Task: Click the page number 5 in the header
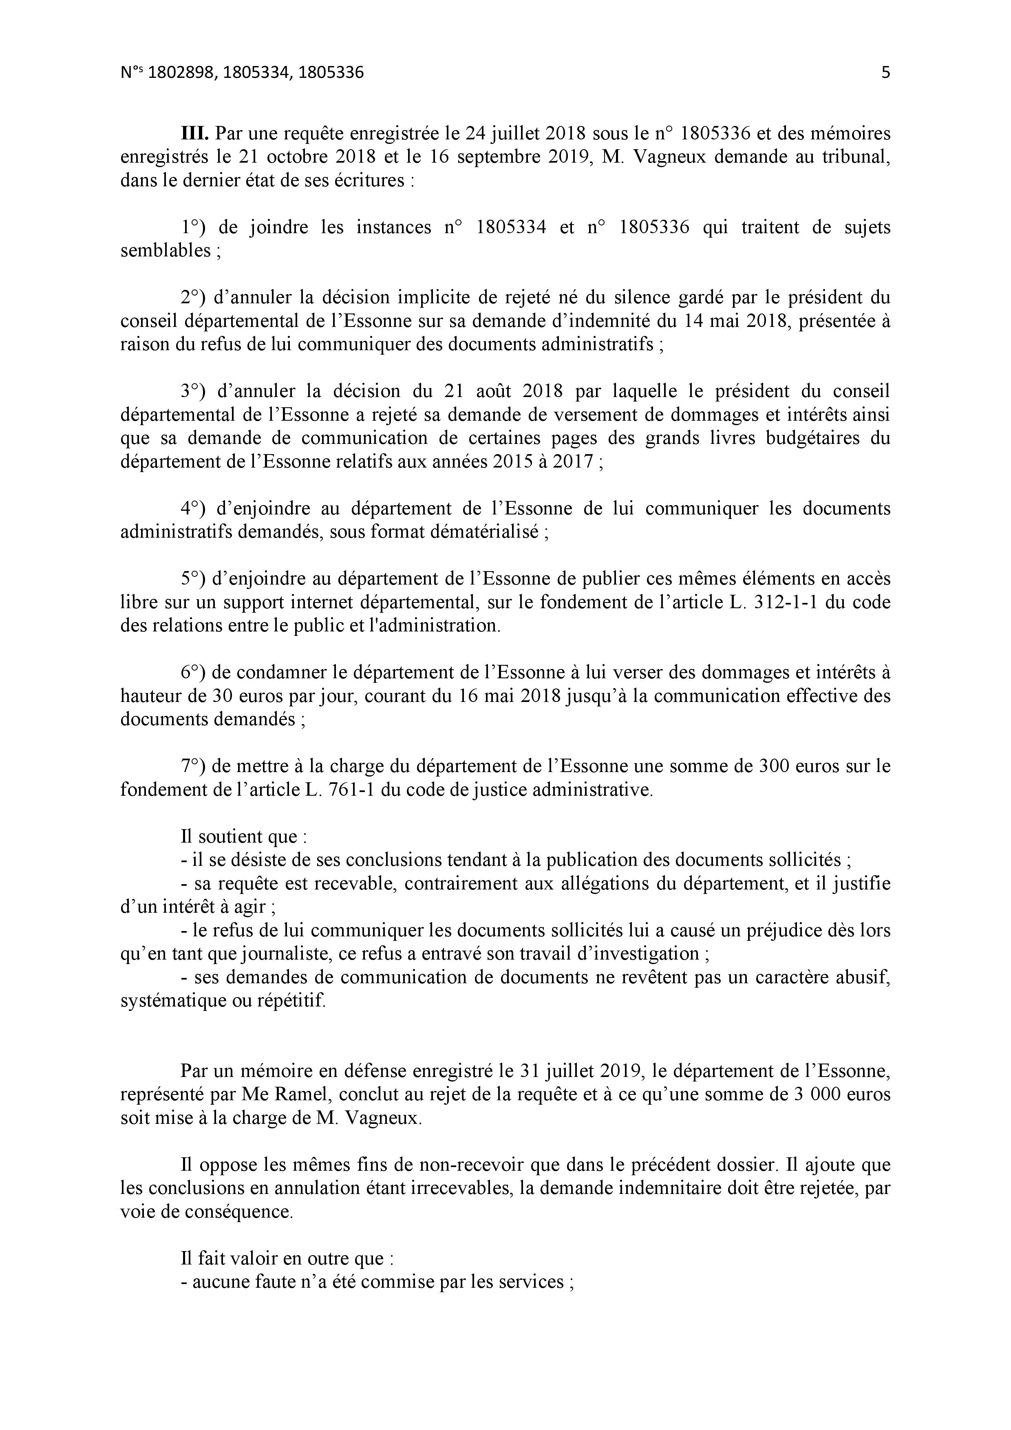(x=885, y=73)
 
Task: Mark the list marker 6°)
(x=193, y=673)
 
